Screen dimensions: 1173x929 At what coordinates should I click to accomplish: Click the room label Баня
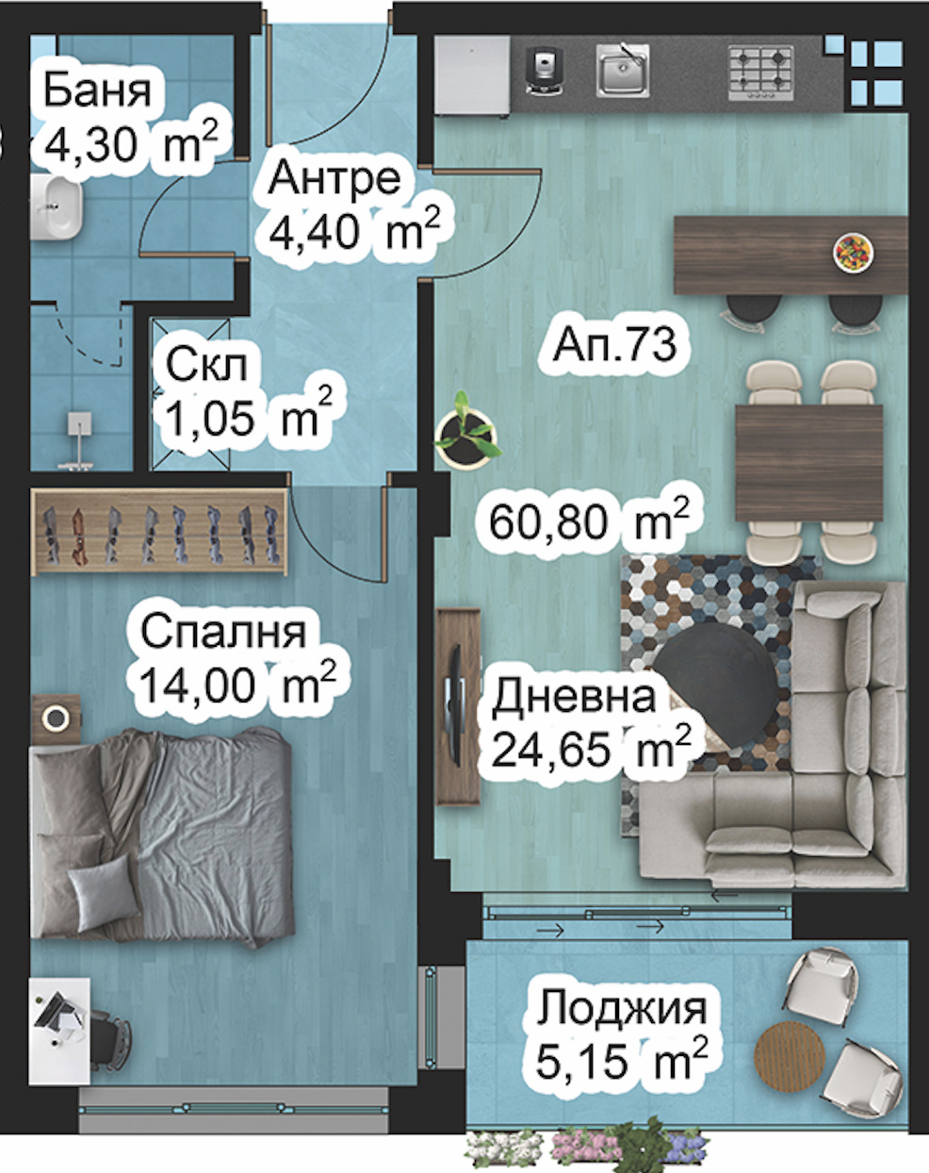pyautogui.click(x=96, y=91)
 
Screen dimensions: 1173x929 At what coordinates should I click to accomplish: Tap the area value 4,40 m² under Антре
pyautogui.click(x=353, y=230)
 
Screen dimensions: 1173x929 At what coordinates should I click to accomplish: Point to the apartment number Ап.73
pyautogui.click(x=614, y=345)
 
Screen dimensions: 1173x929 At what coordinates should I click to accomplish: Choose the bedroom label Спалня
pyautogui.click(x=223, y=632)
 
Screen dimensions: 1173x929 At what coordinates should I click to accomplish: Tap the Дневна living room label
pyautogui.click(x=573, y=698)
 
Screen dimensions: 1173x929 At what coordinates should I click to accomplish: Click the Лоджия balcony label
pyautogui.click(x=622, y=1008)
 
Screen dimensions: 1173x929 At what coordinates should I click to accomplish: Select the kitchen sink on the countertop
pyautogui.click(x=622, y=71)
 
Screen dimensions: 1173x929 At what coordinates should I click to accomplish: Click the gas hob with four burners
pyautogui.click(x=759, y=72)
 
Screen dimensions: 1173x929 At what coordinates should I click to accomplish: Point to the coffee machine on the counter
pyautogui.click(x=544, y=70)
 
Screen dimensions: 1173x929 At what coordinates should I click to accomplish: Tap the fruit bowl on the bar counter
pyautogui.click(x=854, y=252)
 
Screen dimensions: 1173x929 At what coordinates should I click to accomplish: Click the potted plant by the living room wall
pyautogui.click(x=465, y=434)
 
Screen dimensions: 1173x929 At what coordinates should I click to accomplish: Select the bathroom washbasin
pyautogui.click(x=57, y=208)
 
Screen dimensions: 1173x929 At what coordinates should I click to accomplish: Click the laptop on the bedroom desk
pyautogui.click(x=58, y=1020)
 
